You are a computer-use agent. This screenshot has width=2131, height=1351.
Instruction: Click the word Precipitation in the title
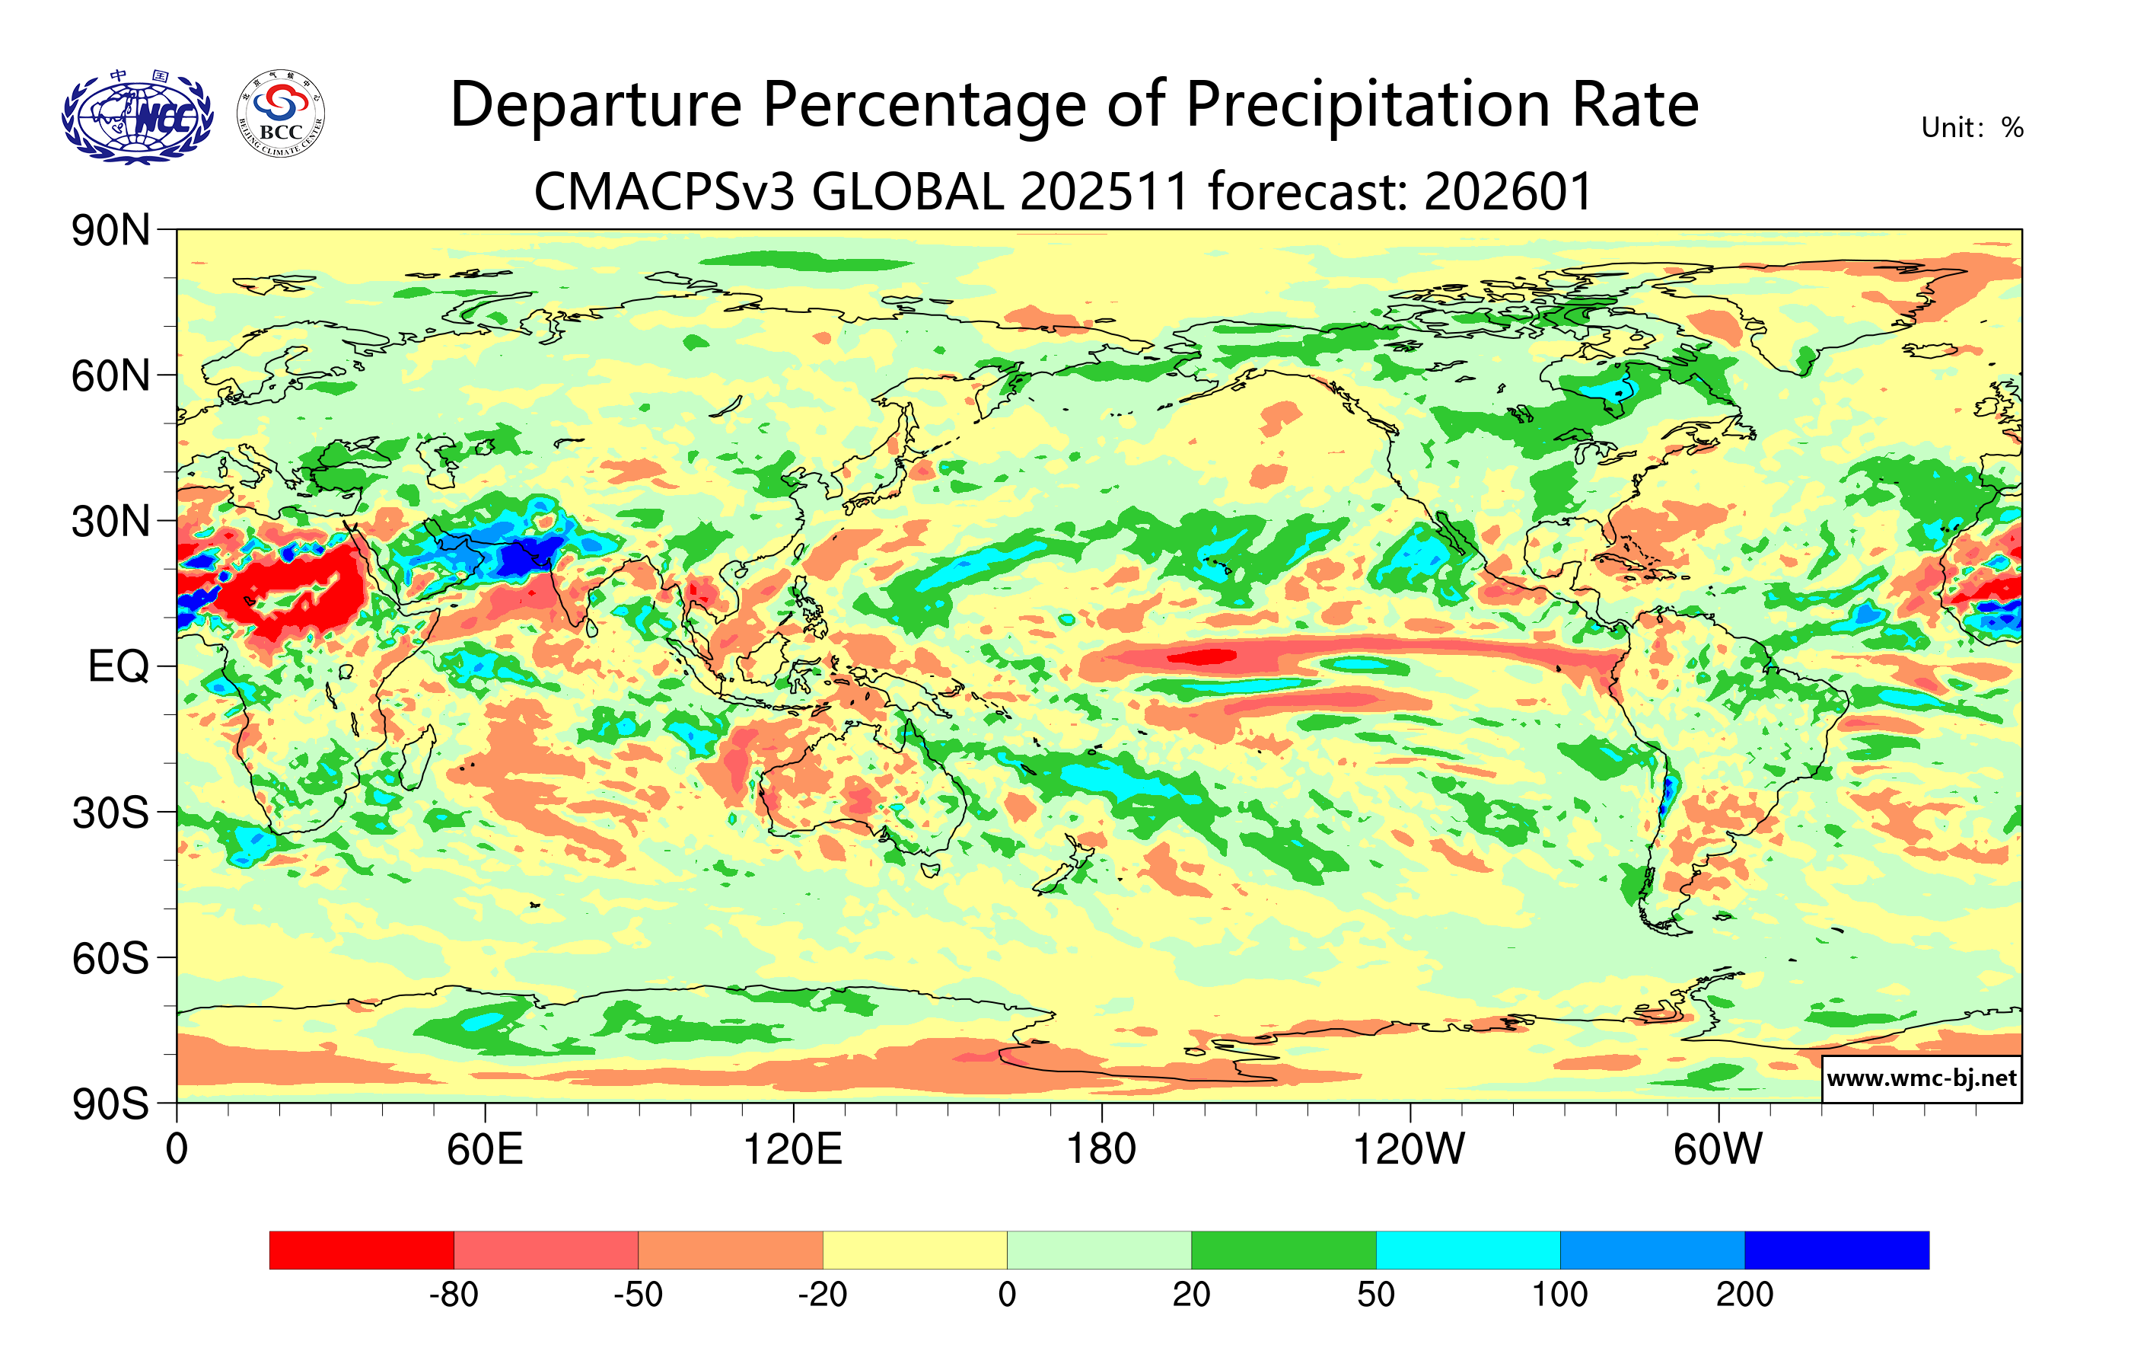click(x=1368, y=105)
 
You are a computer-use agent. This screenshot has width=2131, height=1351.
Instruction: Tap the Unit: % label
click(x=1972, y=129)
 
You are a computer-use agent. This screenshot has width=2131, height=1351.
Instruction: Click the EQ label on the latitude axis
click(x=119, y=666)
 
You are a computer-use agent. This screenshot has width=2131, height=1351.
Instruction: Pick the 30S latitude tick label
click(x=110, y=813)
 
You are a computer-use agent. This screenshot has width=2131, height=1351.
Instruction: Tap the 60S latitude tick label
click(x=110, y=958)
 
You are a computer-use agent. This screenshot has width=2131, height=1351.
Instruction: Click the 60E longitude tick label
click(x=485, y=1150)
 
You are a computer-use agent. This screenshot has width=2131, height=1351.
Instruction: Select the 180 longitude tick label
click(x=1101, y=1150)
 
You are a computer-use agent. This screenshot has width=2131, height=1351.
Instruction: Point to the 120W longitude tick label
click(x=1409, y=1150)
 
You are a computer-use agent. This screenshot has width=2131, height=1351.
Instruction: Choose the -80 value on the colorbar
click(x=454, y=1295)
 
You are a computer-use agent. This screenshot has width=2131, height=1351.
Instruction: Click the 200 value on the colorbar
click(x=1744, y=1295)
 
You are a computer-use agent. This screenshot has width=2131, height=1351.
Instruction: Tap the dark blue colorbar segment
click(x=1836, y=1249)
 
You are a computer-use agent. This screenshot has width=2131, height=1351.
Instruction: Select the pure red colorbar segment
click(x=361, y=1249)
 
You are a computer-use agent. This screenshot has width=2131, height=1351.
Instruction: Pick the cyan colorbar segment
click(x=1467, y=1249)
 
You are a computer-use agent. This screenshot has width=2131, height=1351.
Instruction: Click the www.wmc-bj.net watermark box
click(x=1921, y=1078)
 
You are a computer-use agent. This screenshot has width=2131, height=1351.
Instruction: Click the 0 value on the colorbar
click(x=1007, y=1295)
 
